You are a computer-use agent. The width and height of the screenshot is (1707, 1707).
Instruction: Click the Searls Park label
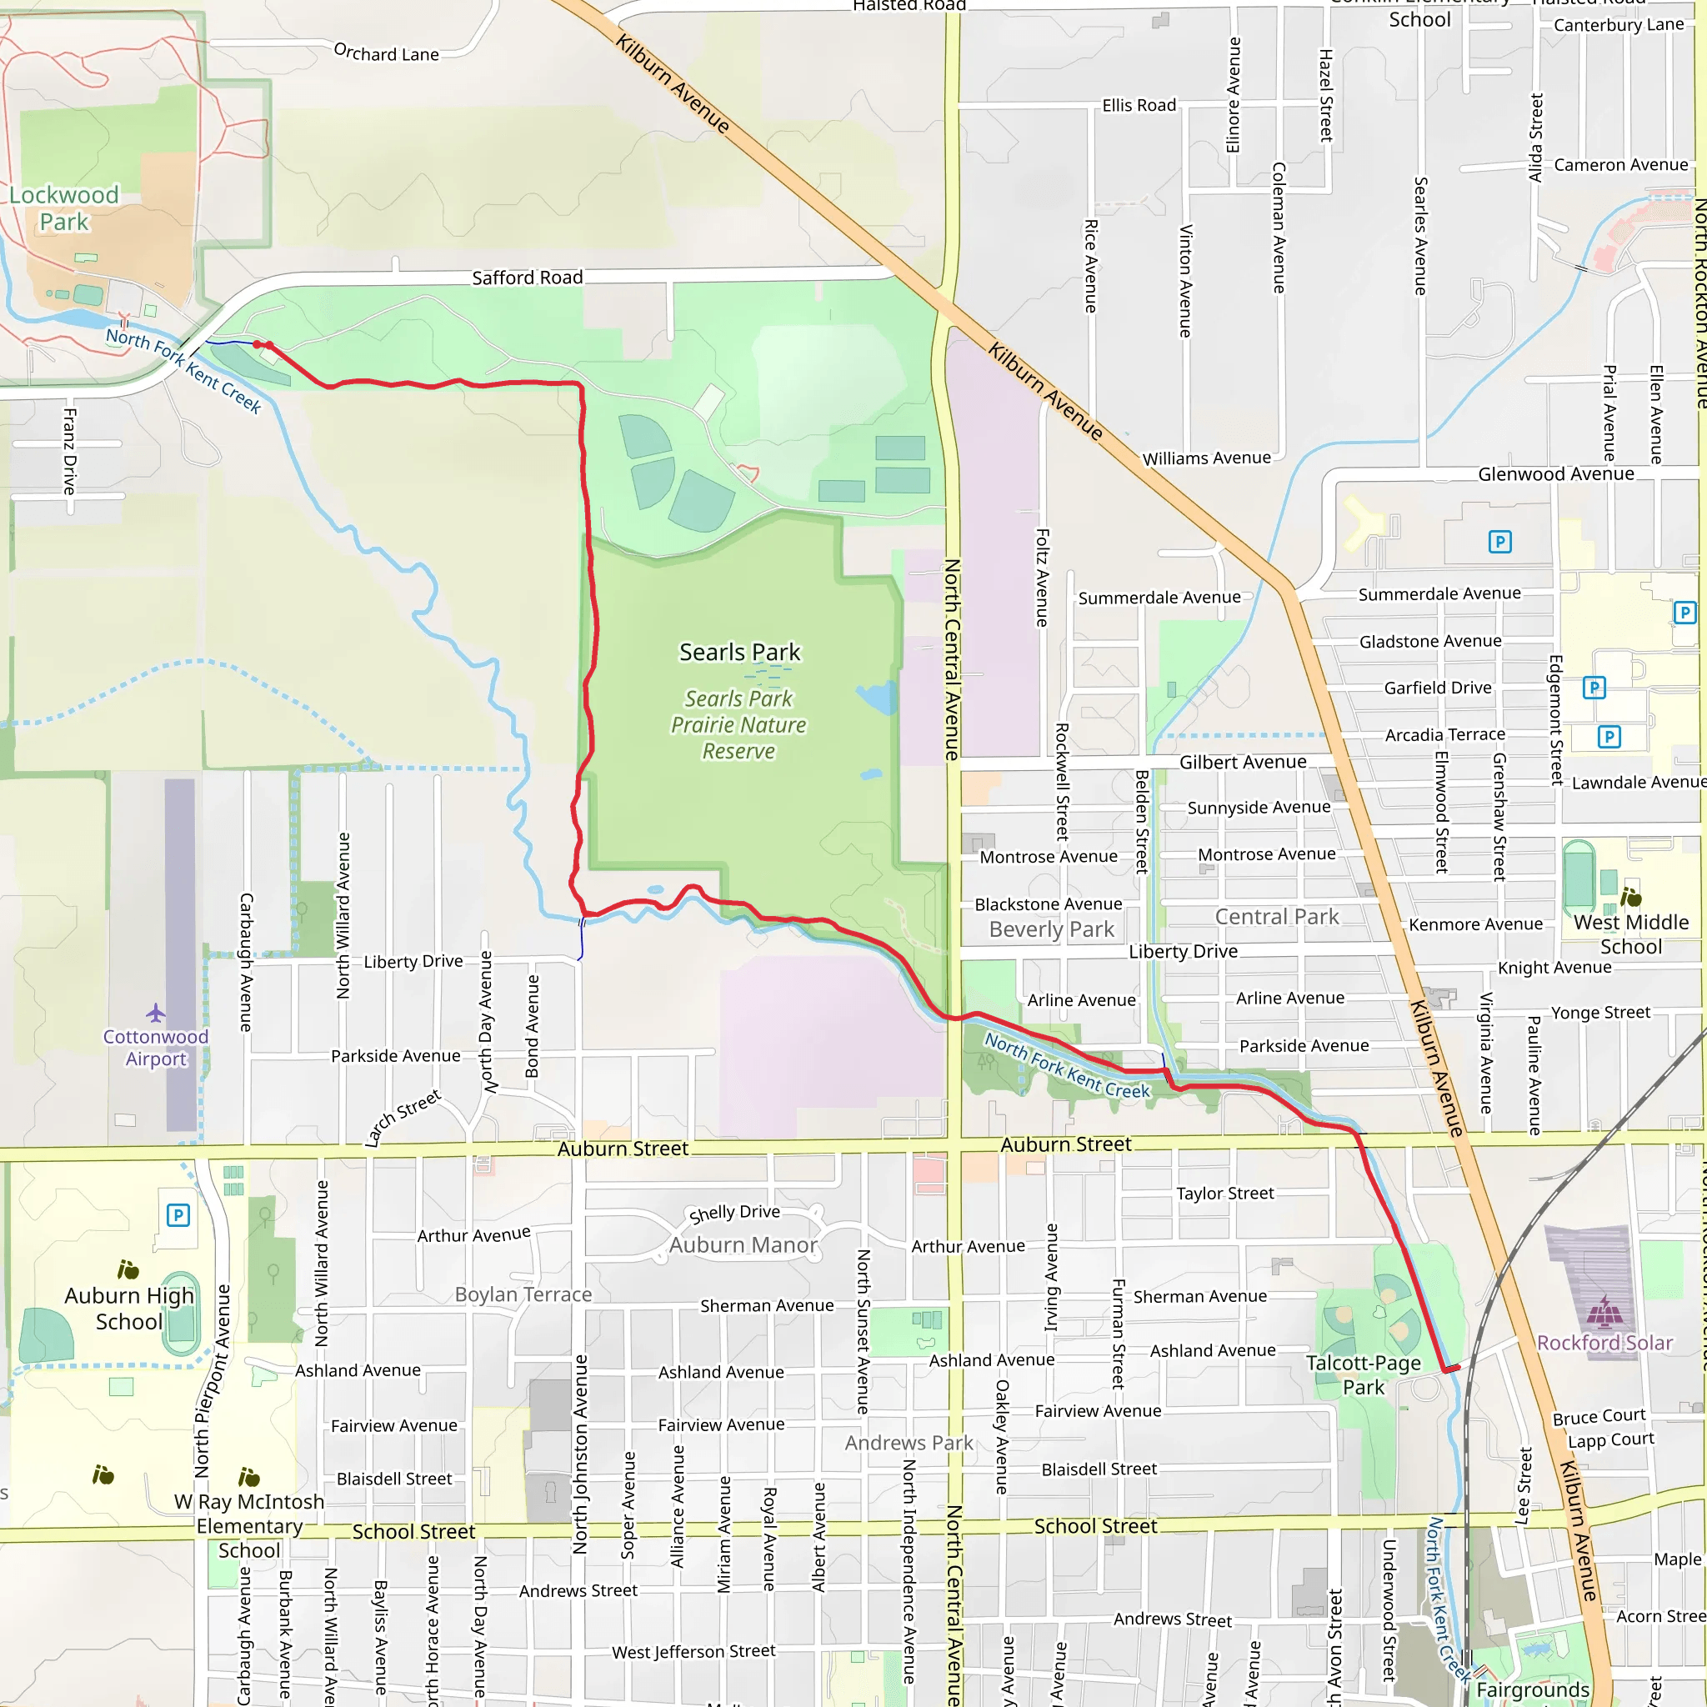[x=739, y=652]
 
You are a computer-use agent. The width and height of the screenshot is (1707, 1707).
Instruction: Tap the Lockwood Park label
[x=63, y=208]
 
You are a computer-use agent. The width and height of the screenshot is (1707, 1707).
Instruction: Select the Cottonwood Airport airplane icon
[x=157, y=1012]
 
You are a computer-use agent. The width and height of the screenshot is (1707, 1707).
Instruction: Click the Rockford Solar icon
[x=1604, y=1312]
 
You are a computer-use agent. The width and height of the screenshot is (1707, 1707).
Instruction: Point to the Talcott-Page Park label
[x=1364, y=1374]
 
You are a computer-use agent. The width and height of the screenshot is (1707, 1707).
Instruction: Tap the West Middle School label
[x=1631, y=934]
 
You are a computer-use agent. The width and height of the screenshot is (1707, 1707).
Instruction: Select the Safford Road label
[x=528, y=278]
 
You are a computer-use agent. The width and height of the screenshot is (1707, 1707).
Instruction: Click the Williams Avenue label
[x=1206, y=458]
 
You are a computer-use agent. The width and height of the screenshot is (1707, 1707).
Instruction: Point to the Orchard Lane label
[x=386, y=53]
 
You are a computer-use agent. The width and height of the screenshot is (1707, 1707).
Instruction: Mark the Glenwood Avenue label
[x=1556, y=474]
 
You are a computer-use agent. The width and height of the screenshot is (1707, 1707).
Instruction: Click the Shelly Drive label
[x=734, y=1213]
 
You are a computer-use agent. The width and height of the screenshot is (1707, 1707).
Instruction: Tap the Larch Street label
[x=403, y=1119]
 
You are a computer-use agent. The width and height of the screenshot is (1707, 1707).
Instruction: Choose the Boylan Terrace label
[x=523, y=1294]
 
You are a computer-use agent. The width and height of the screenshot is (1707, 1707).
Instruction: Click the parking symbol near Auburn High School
[x=178, y=1215]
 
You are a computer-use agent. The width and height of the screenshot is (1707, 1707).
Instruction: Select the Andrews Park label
[x=909, y=1443]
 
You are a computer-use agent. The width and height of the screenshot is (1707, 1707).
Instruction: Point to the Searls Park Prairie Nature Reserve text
[x=738, y=724]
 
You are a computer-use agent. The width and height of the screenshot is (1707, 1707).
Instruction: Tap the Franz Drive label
[x=70, y=451]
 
